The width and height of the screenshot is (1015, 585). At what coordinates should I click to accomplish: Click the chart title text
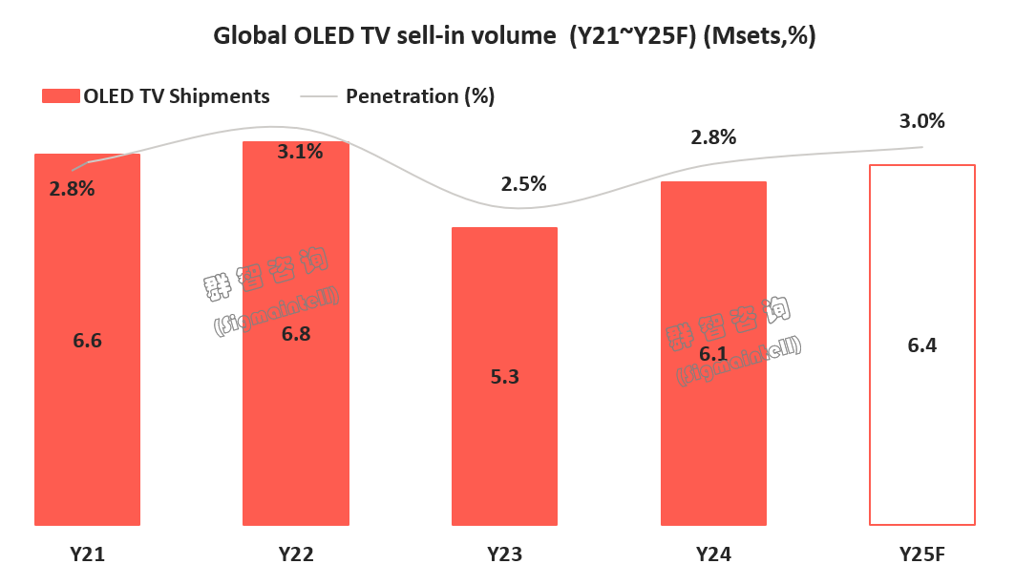(507, 36)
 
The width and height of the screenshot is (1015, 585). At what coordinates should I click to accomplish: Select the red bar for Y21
(87, 429)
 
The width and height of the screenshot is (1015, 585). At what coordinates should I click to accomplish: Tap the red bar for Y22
(296, 429)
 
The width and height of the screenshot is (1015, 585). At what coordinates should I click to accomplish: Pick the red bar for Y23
(504, 449)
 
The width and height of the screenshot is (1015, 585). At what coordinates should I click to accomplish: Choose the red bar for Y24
(713, 439)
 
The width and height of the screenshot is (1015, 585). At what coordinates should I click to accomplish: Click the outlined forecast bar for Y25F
(921, 429)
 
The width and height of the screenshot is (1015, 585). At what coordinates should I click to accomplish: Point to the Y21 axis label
(87, 554)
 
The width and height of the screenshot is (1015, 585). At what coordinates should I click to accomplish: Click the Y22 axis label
(296, 554)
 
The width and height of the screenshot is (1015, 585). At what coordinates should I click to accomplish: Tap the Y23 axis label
(504, 554)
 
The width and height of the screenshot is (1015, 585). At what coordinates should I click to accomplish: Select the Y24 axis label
(713, 554)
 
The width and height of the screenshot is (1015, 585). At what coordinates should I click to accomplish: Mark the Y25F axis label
(921, 554)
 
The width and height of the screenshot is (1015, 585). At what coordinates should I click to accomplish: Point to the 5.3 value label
(504, 376)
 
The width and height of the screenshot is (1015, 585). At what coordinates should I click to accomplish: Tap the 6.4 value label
(922, 345)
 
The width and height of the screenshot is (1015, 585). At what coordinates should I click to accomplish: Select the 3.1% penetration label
(300, 151)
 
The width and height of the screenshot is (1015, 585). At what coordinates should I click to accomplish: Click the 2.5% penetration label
(523, 184)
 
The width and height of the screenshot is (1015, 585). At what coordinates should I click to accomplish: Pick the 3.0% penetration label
(921, 121)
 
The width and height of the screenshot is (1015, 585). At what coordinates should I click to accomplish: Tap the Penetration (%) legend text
(420, 96)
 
